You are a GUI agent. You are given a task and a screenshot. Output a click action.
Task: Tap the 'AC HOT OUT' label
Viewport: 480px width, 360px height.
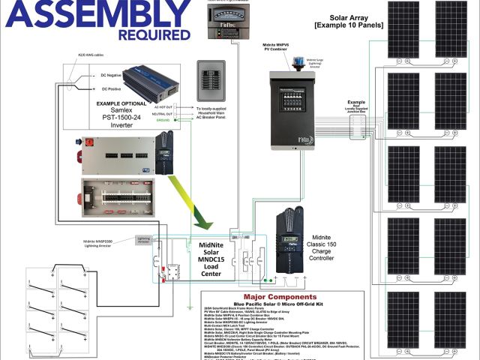(163, 107)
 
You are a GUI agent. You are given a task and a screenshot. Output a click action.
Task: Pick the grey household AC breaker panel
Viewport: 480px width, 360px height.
(211, 81)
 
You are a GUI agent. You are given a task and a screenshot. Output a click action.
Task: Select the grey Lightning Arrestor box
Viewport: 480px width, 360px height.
(144, 240)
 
